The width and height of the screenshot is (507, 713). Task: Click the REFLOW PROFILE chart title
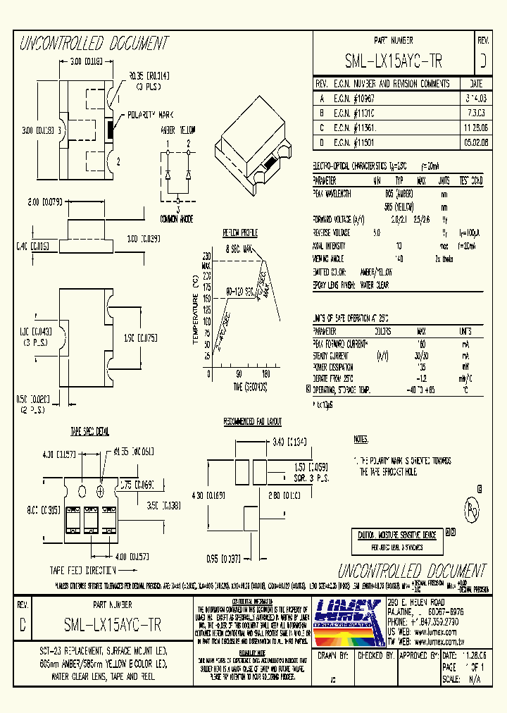pyautogui.click(x=240, y=232)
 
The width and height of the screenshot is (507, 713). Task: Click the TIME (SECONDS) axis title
pyautogui.click(x=241, y=386)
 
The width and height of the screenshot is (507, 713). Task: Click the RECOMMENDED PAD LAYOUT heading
pyautogui.click(x=252, y=421)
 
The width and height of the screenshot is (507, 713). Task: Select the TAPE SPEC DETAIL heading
pyautogui.click(x=89, y=430)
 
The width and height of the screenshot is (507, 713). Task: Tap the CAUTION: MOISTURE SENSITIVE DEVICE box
pyautogui.click(x=396, y=535)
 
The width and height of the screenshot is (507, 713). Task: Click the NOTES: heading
pyautogui.click(x=361, y=439)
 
